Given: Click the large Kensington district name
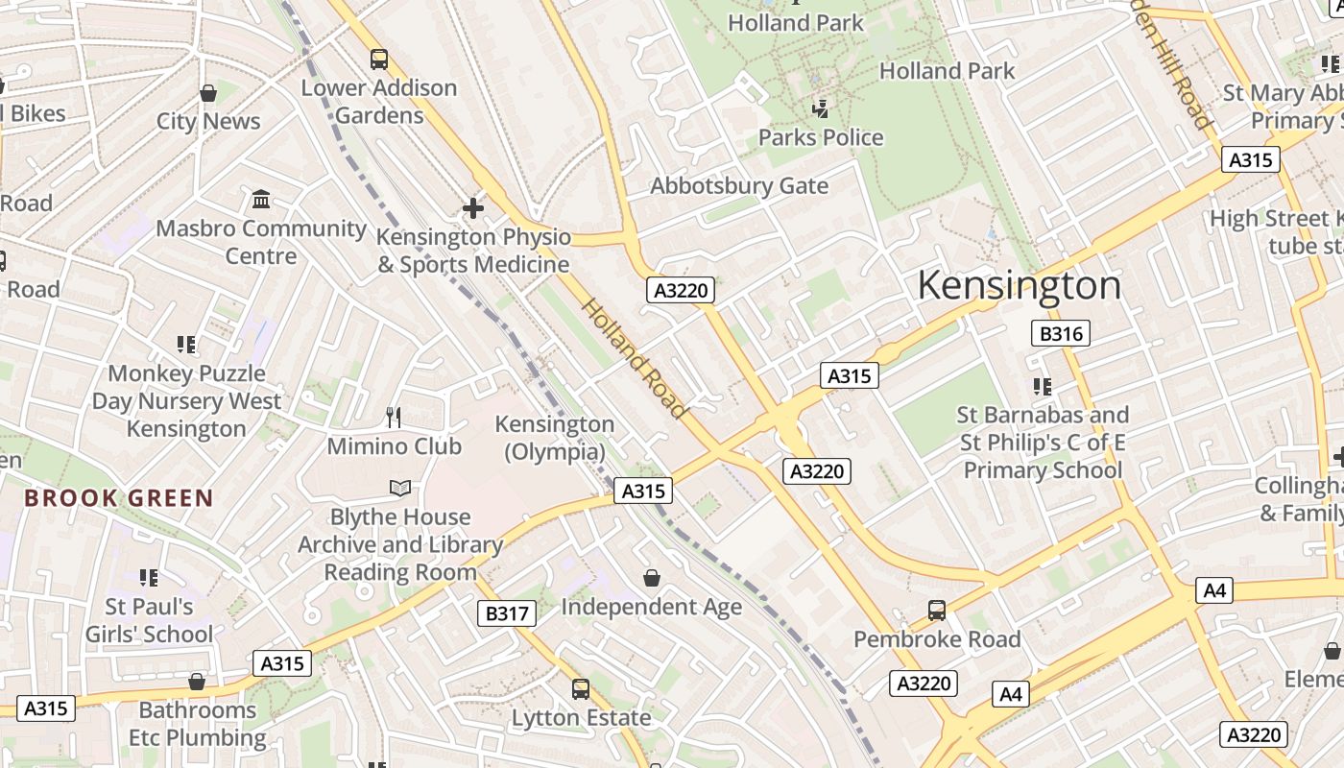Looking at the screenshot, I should click(x=1019, y=286).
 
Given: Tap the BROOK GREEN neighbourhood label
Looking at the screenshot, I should click(x=118, y=498).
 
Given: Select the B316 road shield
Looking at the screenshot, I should click(x=1061, y=333).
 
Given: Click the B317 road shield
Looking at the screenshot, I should click(x=506, y=612).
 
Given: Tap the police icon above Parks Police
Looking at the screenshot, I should click(x=821, y=109).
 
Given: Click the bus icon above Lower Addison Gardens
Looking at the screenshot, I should click(x=379, y=60).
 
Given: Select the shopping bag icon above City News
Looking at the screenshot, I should click(x=208, y=93).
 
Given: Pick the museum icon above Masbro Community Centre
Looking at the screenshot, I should click(x=260, y=200).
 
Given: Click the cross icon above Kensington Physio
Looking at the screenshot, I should click(x=472, y=207).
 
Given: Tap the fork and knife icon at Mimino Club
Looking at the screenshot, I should click(x=394, y=417).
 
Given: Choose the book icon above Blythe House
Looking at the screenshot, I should click(x=400, y=488).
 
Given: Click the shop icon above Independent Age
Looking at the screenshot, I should click(x=652, y=577).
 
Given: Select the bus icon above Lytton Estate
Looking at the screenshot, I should click(x=581, y=688).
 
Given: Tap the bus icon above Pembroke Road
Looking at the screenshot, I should click(x=937, y=610).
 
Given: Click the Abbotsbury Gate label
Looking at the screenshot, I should click(x=739, y=185).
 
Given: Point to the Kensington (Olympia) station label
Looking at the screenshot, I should click(x=555, y=438).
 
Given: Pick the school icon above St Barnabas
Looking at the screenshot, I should click(x=1043, y=386).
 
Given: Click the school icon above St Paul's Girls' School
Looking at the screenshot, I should click(x=148, y=577).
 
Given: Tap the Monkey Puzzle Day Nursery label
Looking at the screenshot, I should click(x=186, y=400).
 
